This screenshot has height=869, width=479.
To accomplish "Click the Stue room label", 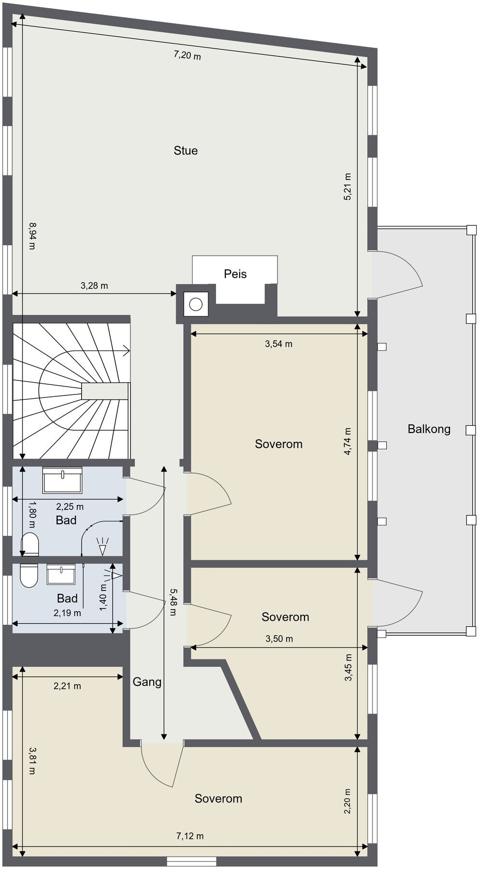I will [x=186, y=151].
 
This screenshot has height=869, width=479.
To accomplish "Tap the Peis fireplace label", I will [x=235, y=274].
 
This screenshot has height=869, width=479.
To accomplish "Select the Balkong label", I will [x=429, y=429].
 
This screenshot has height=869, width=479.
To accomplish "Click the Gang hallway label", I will [x=147, y=682].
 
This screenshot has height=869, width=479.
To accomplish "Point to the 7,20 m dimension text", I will [x=187, y=55].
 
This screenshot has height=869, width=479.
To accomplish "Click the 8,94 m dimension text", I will [x=32, y=236].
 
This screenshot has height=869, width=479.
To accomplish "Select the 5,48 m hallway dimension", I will [x=173, y=602].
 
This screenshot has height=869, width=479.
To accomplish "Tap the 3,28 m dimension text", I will [x=94, y=285].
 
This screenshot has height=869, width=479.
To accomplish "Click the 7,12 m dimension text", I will [x=190, y=836].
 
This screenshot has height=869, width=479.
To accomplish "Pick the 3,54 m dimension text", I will [x=278, y=344].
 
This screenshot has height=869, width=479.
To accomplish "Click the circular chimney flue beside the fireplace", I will [x=196, y=304].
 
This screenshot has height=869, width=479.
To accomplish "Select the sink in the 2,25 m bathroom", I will [x=62, y=480].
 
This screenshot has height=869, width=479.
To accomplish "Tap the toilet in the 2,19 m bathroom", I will [x=29, y=575].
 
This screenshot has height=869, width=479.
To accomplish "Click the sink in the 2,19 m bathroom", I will [x=61, y=575].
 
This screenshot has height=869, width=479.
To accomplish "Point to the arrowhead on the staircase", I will [x=127, y=351].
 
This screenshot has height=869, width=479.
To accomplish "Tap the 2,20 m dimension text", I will [x=347, y=801].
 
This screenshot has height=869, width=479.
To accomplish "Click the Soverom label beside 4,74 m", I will [x=278, y=444].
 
